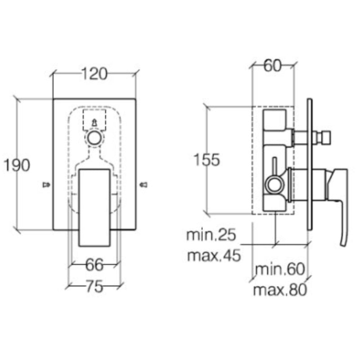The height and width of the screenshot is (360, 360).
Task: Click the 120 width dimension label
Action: coord(94,74)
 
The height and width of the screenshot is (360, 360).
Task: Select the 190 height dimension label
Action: coord(17,165)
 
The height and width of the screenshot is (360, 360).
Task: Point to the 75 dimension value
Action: coord(94,287)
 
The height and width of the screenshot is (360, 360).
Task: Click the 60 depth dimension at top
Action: coord(272,66)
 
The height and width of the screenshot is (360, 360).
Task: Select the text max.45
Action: coord(214,256)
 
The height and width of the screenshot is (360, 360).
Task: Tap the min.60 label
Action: coord(280,270)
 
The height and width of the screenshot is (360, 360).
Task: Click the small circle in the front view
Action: coord(94,138)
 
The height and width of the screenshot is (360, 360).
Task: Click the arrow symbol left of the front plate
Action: coord(45,184)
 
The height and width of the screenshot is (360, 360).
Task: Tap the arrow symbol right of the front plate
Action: coord(144,184)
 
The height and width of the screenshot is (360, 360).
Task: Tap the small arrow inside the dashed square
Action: coord(94,122)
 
